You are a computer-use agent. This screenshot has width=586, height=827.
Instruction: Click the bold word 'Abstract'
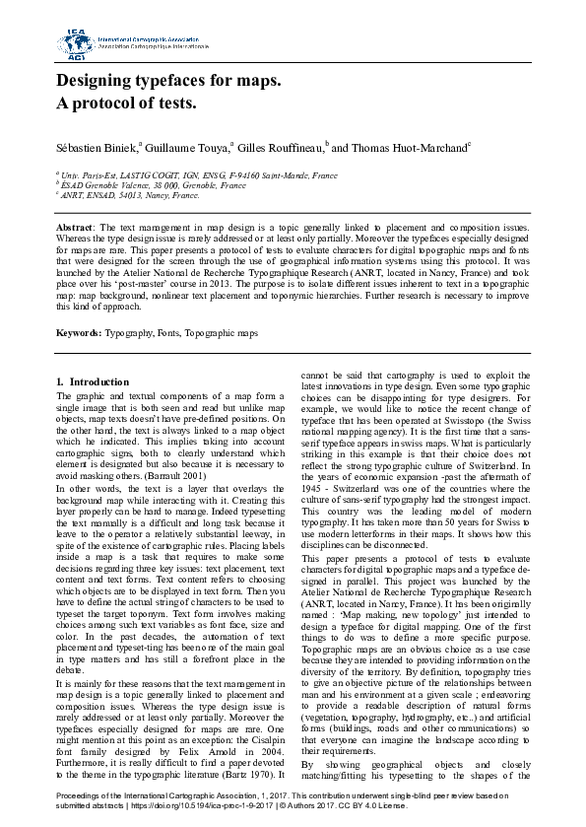(x=74, y=227)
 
